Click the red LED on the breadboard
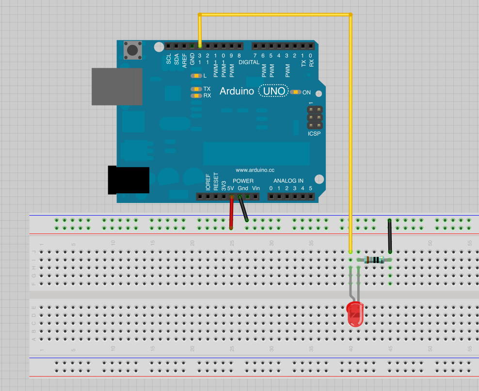[355, 313]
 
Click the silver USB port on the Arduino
[117, 86]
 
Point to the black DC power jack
[128, 180]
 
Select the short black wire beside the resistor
[389, 236]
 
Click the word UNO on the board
[274, 91]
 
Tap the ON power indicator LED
[295, 92]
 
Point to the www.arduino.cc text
[255, 170]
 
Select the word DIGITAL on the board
[249, 63]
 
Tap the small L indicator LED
[196, 76]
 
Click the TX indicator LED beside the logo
[196, 89]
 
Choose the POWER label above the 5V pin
[243, 181]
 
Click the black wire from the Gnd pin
[243, 209]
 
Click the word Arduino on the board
[237, 91]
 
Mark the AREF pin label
[184, 59]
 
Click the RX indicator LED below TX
[196, 95]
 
